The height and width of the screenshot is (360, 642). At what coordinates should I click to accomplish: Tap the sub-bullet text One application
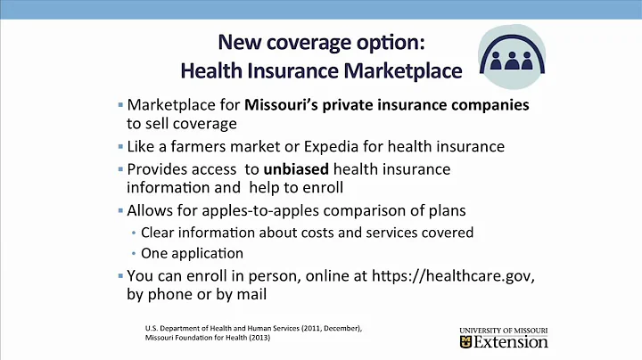pos(185,253)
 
